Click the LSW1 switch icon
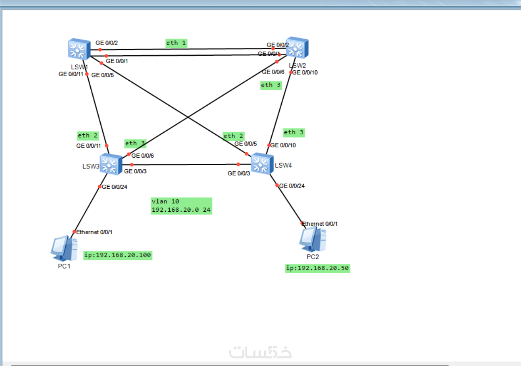pos(79,49)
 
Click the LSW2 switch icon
pos(297,48)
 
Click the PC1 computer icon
pos(64,248)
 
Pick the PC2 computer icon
pos(313,240)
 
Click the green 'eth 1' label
pos(176,43)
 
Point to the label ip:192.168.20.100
pos(118,255)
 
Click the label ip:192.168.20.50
pos(318,268)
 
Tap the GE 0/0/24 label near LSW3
pos(114,187)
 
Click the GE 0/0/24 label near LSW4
pos(292,186)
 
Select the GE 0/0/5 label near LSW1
pos(102,75)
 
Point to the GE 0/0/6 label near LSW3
pos(143,156)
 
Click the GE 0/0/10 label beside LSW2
pos(305,72)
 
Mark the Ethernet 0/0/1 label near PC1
pos(94,232)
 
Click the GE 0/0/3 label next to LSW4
pos(239,173)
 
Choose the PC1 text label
pos(64,266)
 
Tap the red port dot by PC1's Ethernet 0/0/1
pos(74,232)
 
